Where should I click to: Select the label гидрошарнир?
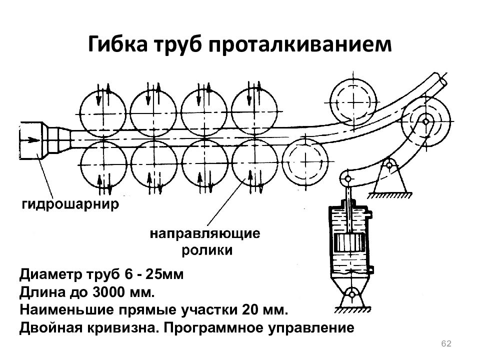click(70, 204)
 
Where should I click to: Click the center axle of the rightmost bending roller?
click(426, 120)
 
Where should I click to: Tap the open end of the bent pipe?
click(444, 79)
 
